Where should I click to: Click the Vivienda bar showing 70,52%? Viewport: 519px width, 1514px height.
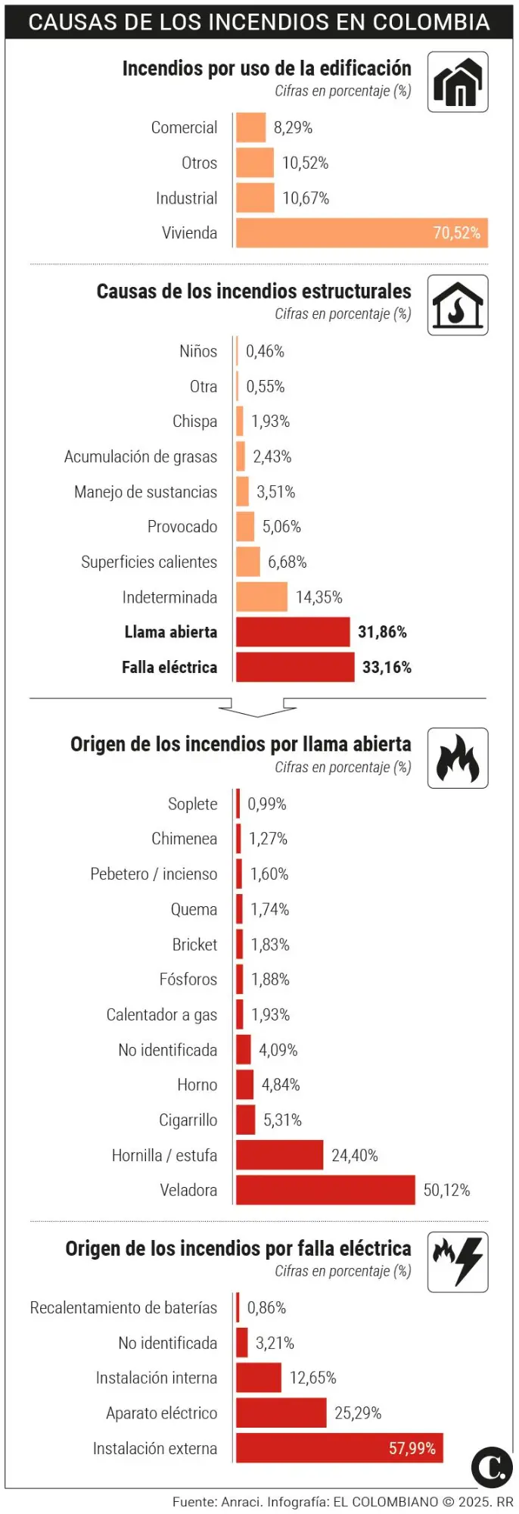(x=362, y=233)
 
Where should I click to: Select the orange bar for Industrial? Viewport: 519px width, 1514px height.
(x=255, y=198)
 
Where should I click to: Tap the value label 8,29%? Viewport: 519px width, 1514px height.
(x=293, y=128)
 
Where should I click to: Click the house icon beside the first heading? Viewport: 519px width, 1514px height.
(x=458, y=82)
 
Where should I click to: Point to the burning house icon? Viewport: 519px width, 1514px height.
(x=458, y=305)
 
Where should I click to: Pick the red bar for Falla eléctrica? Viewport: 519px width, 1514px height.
(x=295, y=667)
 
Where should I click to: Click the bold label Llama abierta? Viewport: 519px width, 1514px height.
(x=171, y=632)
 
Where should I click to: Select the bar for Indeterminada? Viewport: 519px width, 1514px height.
(x=262, y=597)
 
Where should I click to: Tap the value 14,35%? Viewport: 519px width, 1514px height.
(x=319, y=597)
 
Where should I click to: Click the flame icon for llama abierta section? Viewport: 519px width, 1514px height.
(x=458, y=759)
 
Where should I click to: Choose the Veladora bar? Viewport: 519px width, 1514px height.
(x=325, y=1190)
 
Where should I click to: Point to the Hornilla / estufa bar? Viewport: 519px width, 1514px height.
(x=279, y=1155)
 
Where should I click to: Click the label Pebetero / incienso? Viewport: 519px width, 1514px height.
(x=154, y=874)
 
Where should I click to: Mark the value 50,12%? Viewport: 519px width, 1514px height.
(x=446, y=1190)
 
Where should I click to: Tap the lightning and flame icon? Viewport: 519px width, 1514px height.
(x=458, y=1262)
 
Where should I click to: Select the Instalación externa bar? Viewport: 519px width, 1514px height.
(x=339, y=1448)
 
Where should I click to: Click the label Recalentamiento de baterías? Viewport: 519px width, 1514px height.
(x=123, y=1308)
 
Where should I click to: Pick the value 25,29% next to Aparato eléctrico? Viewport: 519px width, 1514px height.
(x=358, y=1413)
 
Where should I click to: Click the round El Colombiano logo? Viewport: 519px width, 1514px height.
(x=492, y=1466)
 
